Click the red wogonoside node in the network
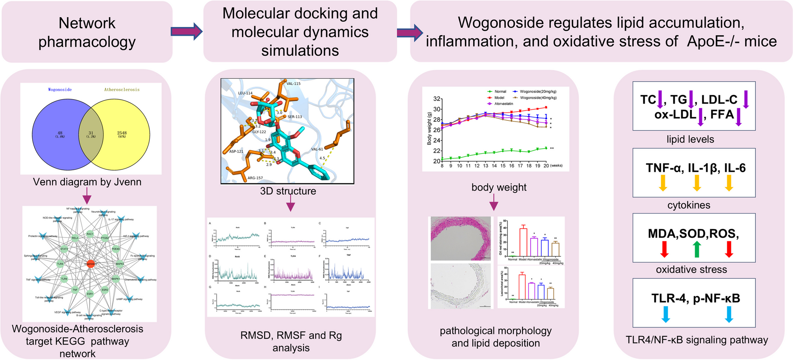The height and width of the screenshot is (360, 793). coord(91,263)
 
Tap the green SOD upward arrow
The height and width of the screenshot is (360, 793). coord(697,249)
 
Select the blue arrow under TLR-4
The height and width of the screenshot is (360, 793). coord(665,314)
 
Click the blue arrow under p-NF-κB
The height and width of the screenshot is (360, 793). coord(729,314)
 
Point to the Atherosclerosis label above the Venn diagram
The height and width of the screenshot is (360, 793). coord(122,89)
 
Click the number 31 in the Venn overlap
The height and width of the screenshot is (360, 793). coord(91,133)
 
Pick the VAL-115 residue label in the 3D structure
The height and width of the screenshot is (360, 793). coord(293,84)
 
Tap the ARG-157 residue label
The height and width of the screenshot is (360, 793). coord(255,178)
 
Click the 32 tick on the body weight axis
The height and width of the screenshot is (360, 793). coord(437,99)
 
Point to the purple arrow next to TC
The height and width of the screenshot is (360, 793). coord(660,100)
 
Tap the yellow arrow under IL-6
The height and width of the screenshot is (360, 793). coord(729,183)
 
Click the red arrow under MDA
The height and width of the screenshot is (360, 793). coord(665,249)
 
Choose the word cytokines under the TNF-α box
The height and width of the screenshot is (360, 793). coord(689,205)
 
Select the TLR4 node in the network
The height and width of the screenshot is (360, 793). coord(60,264)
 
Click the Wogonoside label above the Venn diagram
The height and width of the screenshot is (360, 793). coord(60,89)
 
